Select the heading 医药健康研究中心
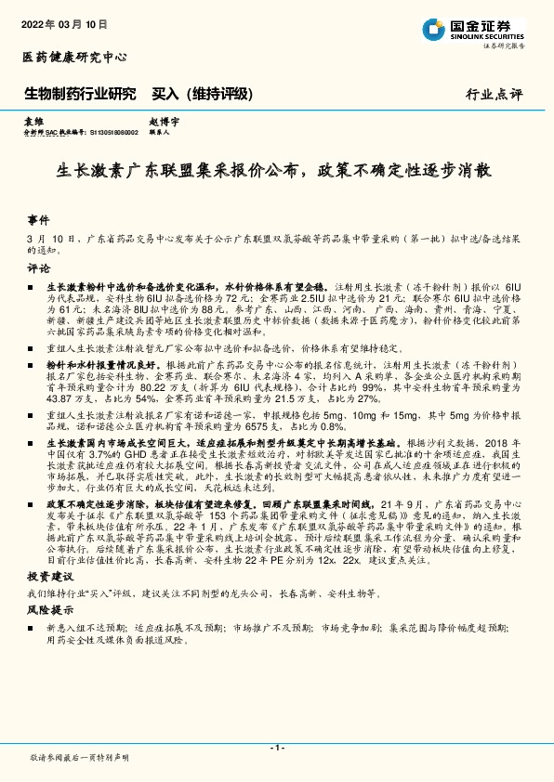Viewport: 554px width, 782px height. click(74, 58)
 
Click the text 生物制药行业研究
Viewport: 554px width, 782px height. click(79, 94)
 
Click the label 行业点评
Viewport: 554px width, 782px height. click(495, 95)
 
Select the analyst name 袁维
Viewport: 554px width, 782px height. click(33, 122)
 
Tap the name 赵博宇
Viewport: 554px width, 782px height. click(163, 122)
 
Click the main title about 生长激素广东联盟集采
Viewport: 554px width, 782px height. click(276, 171)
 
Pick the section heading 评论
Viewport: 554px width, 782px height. click(38, 267)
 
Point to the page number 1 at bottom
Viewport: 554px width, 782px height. click(276, 748)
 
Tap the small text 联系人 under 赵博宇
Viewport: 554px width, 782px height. click(158, 132)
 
